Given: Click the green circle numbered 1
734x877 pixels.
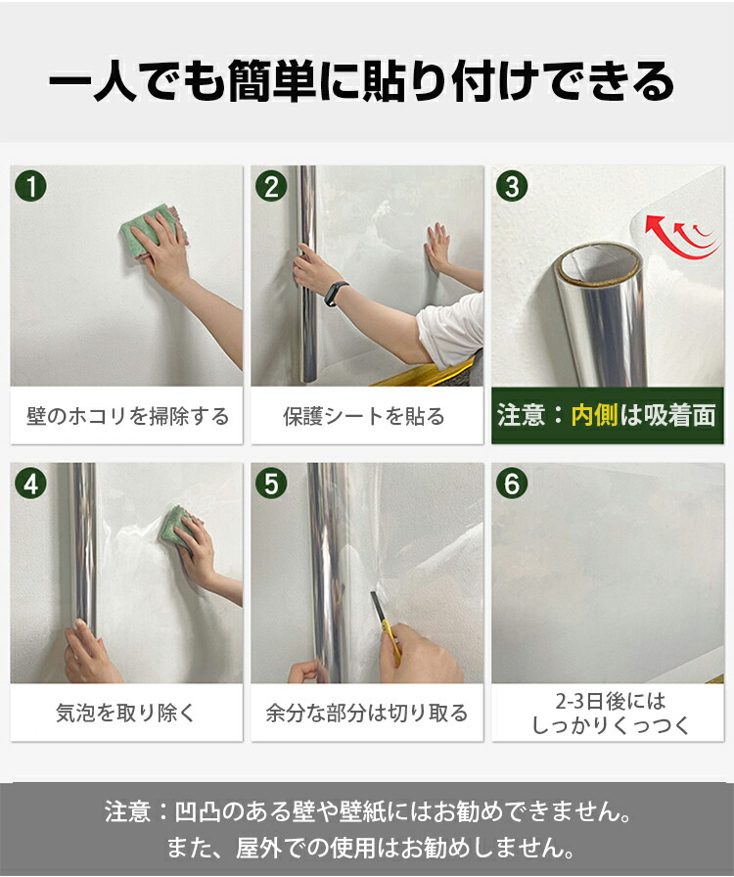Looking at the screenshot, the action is (x=31, y=186).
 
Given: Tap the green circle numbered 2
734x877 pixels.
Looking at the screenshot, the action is (x=271, y=186).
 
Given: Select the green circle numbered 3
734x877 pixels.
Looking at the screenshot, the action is (x=512, y=186).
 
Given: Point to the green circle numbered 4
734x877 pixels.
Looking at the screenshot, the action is (x=31, y=484).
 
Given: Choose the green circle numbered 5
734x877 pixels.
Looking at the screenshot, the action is (x=271, y=484).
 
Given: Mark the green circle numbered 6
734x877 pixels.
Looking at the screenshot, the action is (x=512, y=484).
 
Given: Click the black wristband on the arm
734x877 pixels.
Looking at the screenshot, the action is (x=337, y=294).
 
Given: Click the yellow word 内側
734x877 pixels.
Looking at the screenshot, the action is (x=595, y=416).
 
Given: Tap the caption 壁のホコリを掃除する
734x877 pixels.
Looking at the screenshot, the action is (x=127, y=416).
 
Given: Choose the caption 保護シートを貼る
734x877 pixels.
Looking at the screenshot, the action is (x=364, y=416).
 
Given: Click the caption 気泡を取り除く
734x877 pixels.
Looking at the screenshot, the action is (x=125, y=714).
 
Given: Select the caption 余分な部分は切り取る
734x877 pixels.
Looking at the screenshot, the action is (x=366, y=714).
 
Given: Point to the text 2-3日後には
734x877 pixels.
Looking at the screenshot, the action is (x=611, y=701).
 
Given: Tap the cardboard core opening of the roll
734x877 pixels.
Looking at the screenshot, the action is (x=599, y=265).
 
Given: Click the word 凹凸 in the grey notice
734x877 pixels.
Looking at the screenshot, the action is (x=197, y=812).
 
